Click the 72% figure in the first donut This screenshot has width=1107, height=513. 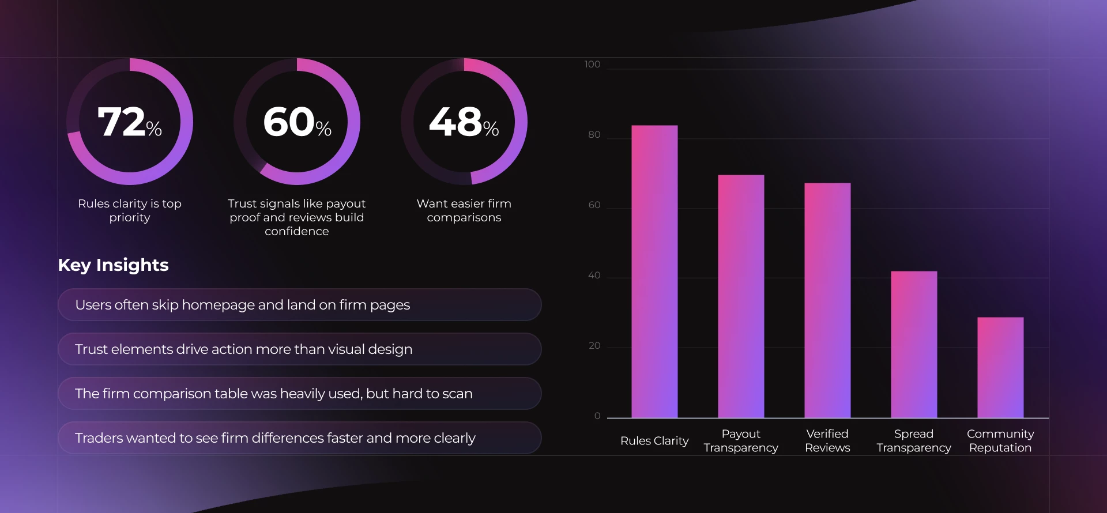pos(129,122)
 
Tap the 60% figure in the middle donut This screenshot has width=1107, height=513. pos(296,122)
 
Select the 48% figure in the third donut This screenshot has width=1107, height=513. pos(464,122)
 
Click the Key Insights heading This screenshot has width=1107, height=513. pos(113,265)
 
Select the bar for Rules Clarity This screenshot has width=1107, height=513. pos(654,271)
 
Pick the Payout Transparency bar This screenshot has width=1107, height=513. pos(741,296)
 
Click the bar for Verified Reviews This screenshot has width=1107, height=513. pos(827,300)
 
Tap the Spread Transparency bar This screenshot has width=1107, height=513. pos(914,344)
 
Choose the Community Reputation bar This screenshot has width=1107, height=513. pos(1000,367)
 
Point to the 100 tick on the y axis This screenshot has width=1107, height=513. pos(592,64)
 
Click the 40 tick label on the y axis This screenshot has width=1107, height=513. pos(594,275)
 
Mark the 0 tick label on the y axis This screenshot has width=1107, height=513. pos(597,416)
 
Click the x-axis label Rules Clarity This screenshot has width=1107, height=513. pos(654,441)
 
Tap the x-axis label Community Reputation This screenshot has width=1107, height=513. pos(1000,441)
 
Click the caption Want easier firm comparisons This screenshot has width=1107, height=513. pos(464,210)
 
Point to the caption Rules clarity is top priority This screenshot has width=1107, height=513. pos(130,210)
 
